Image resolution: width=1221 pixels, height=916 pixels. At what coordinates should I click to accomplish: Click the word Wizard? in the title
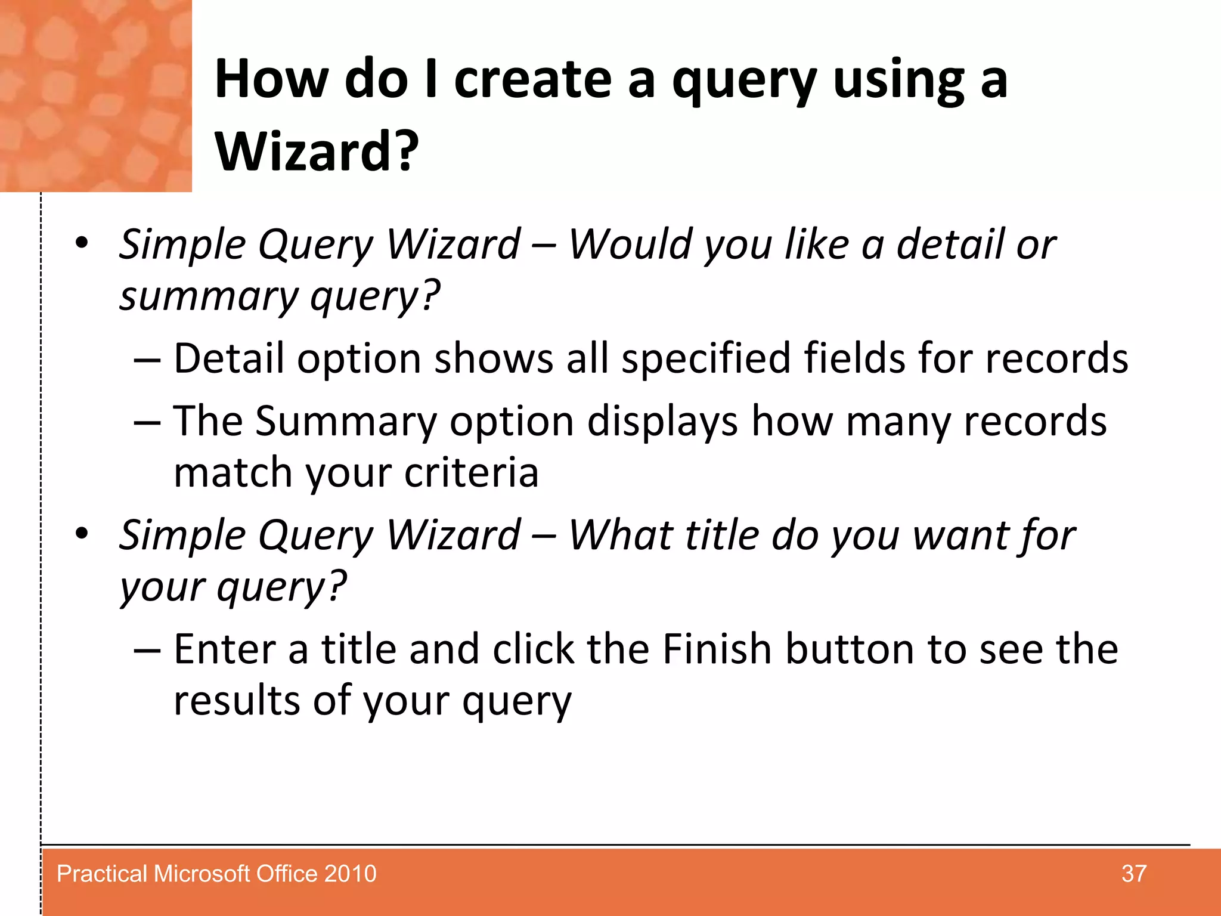(317, 151)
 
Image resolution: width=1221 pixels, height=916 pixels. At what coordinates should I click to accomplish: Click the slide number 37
(1133, 874)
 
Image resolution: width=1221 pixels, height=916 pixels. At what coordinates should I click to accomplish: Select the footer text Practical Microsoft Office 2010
(216, 874)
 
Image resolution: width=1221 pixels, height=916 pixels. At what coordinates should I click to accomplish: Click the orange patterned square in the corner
(95, 95)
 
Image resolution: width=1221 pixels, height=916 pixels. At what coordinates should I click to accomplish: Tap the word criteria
(471, 472)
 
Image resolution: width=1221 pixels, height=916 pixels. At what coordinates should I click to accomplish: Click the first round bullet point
(82, 243)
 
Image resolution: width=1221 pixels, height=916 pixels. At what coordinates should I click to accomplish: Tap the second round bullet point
(82, 533)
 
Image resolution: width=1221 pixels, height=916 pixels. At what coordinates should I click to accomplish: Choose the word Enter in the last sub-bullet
(225, 649)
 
